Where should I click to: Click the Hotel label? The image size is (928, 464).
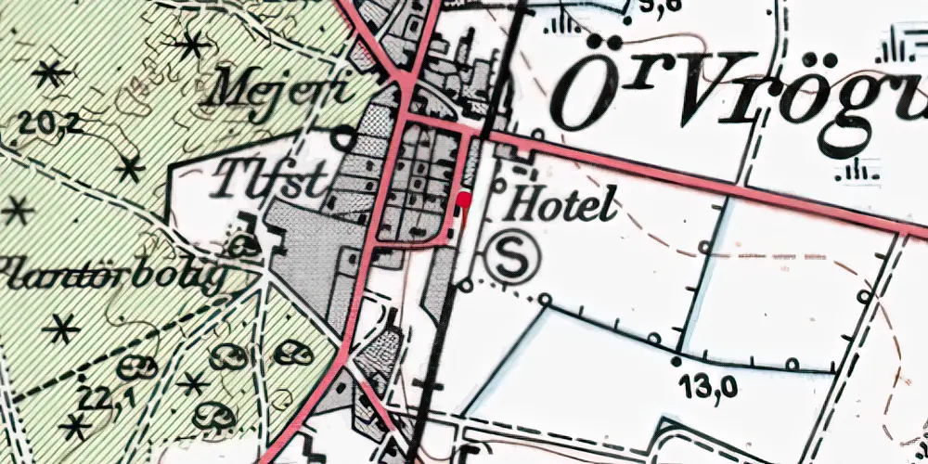pos(557,205)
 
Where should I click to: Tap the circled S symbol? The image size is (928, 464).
pos(509,257)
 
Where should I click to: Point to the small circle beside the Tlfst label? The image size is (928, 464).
pos(344,140)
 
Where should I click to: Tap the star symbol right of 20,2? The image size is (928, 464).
pos(129,169)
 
